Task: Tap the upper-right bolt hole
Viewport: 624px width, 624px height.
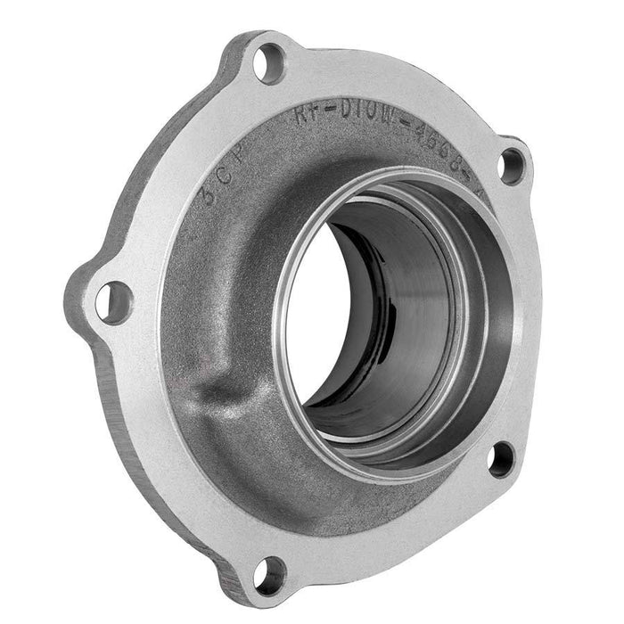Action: tap(511, 164)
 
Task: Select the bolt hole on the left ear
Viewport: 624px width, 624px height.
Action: tap(112, 301)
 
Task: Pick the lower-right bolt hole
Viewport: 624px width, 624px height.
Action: tap(501, 458)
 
